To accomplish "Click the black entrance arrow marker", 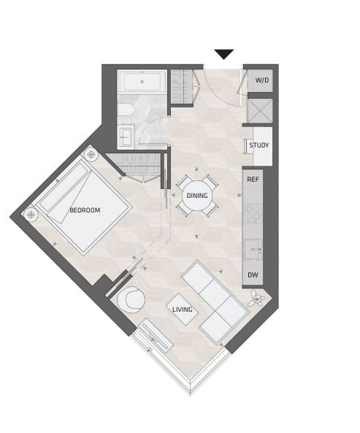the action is pyautogui.click(x=224, y=54).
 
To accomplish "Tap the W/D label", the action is pyautogui.click(x=261, y=80).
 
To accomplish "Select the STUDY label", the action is pyautogui.click(x=258, y=145).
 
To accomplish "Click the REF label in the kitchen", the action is pyautogui.click(x=253, y=180).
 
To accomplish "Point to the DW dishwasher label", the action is pyautogui.click(x=253, y=275).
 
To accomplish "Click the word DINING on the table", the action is pyautogui.click(x=197, y=196).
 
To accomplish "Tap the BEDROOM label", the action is pyautogui.click(x=85, y=210).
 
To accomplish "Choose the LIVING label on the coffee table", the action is pyautogui.click(x=183, y=310).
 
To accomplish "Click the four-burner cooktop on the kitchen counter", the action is pyautogui.click(x=253, y=213).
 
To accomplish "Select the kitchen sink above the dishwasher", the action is pyautogui.click(x=253, y=250).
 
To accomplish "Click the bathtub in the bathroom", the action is pyautogui.click(x=142, y=82).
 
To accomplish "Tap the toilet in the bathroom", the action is pyautogui.click(x=126, y=110).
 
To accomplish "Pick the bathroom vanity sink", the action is pyautogui.click(x=126, y=137).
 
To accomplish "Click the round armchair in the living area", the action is pyautogui.click(x=131, y=300).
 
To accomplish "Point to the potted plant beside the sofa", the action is pyautogui.click(x=257, y=299).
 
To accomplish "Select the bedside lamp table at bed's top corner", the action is pyautogui.click(x=91, y=155).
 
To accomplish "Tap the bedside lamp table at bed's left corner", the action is pyautogui.click(x=31, y=214).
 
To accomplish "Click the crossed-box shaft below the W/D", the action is pyautogui.click(x=260, y=110).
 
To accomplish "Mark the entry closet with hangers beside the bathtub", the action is pyautogui.click(x=182, y=86).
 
